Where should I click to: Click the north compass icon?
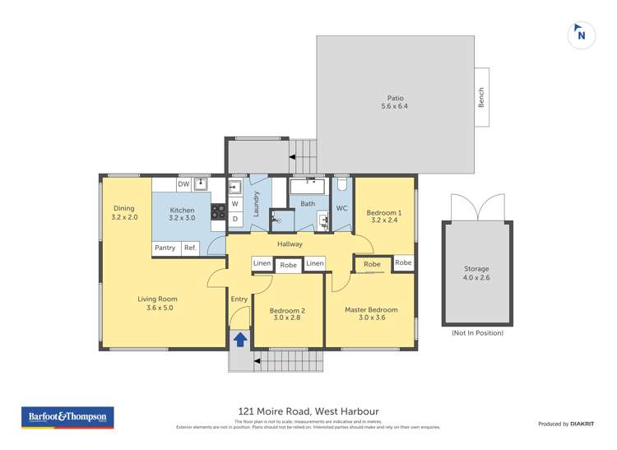tap(581, 35)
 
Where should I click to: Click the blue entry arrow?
tap(240, 338)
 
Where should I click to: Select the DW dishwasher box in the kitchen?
tap(183, 184)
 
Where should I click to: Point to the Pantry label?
tap(165, 248)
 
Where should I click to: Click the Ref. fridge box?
tap(189, 248)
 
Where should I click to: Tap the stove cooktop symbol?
tap(218, 216)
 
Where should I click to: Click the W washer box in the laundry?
tap(234, 203)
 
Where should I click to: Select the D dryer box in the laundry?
tap(234, 219)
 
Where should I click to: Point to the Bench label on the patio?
tap(481, 97)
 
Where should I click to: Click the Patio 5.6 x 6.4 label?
tap(394, 102)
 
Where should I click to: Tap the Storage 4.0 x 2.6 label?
tap(476, 273)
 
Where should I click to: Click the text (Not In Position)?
tap(476, 333)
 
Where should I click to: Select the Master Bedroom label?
tap(371, 314)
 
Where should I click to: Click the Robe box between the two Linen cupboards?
tap(288, 264)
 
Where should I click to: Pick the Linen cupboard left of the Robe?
tap(262, 263)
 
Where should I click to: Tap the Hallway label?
tap(290, 244)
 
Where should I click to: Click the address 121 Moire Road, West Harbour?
tap(308, 411)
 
